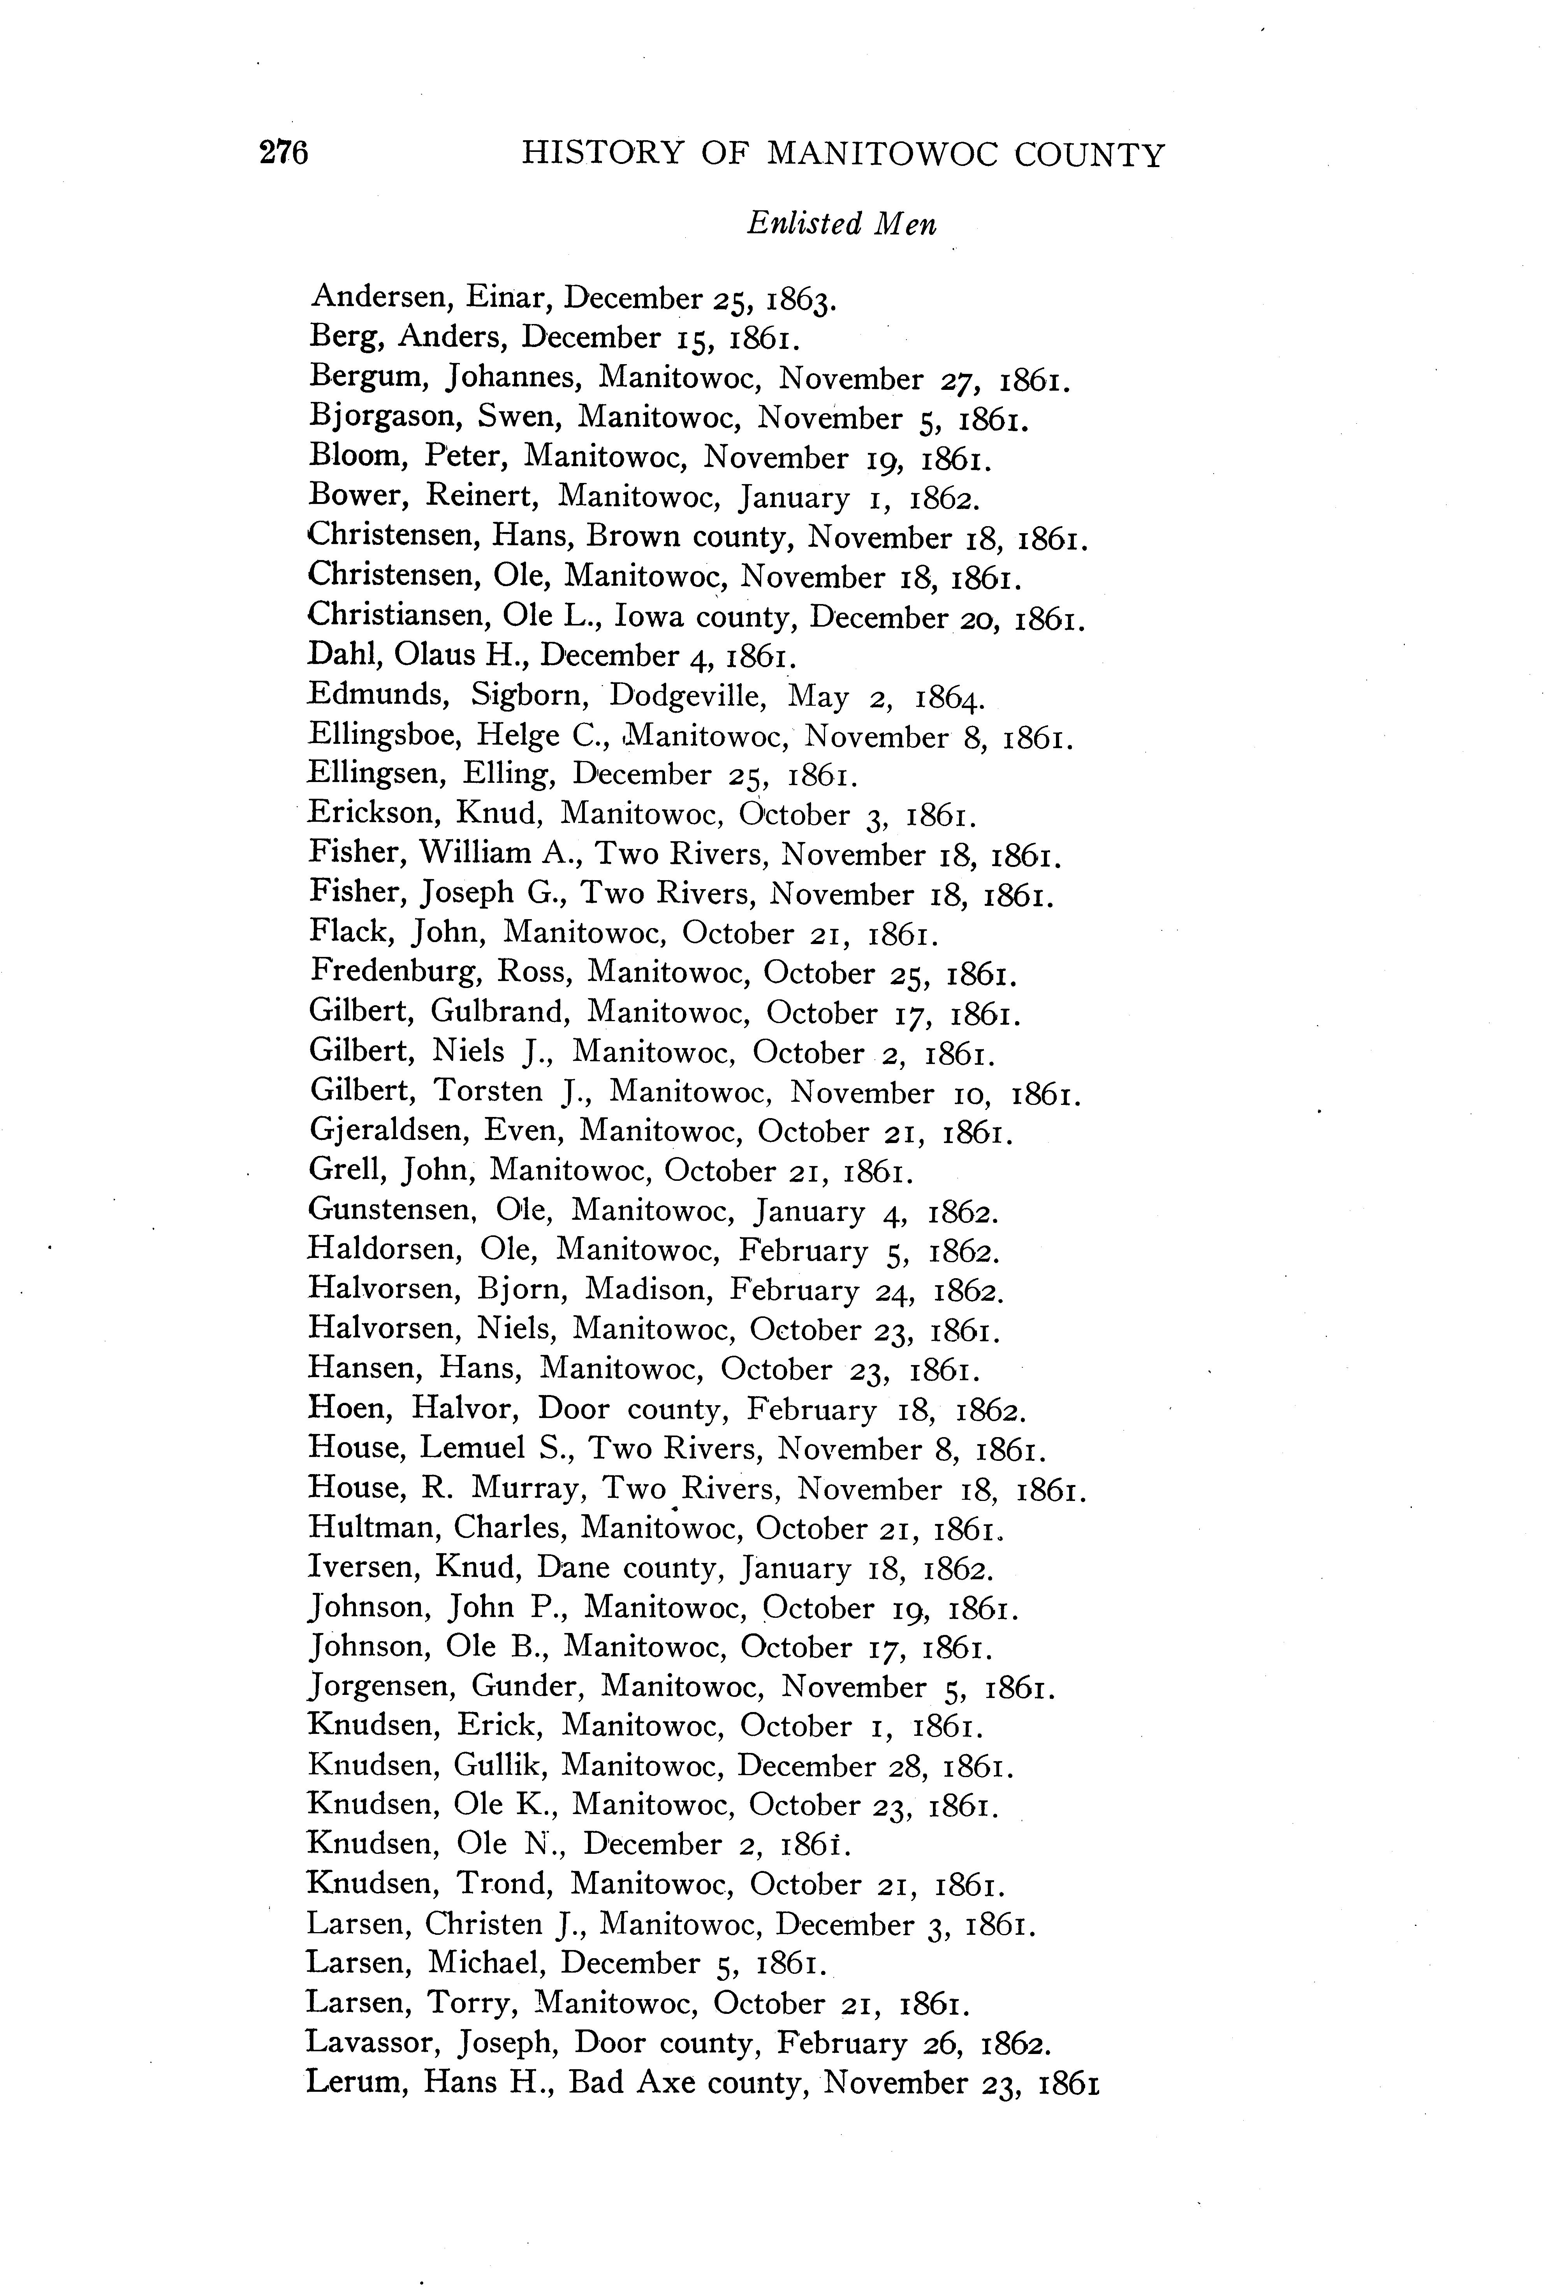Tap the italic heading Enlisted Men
841,225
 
